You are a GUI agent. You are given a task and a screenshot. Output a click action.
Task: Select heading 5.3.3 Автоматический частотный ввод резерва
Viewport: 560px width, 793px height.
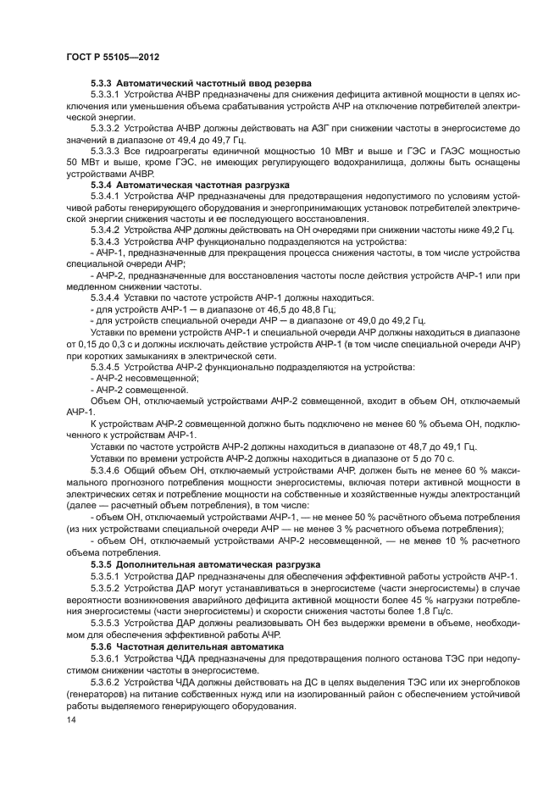[192, 85]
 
